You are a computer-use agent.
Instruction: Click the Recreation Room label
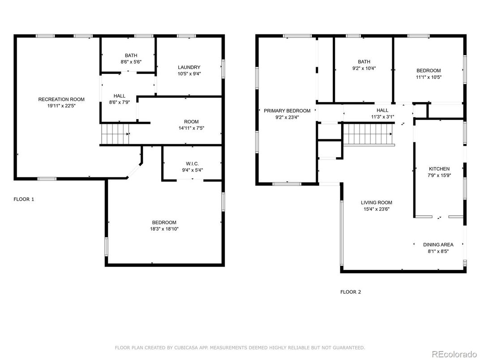pos(61,99)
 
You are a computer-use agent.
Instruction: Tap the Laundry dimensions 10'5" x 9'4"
pos(189,74)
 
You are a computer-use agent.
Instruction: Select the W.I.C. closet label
pos(192,164)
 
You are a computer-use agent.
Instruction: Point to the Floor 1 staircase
pos(115,133)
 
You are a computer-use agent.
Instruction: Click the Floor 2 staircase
pos(368,134)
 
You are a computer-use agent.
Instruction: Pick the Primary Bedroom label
pos(287,111)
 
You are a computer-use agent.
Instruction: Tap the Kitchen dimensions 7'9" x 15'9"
pos(439,176)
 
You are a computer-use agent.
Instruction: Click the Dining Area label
pos(438,244)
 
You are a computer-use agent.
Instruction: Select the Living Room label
pos(377,202)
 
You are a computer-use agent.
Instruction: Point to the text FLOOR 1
pos(24,199)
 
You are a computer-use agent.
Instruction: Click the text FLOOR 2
pos(351,292)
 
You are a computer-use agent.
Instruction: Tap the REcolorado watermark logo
pos(454,354)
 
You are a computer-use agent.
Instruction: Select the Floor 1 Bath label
pos(131,56)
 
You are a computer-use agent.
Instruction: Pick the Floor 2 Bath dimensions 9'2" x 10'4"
pos(364,68)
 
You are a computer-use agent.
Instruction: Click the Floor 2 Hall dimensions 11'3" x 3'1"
pos(383,116)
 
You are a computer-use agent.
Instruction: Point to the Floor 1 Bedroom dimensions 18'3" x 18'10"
pos(164,229)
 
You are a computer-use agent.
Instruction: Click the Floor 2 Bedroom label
pos(429,70)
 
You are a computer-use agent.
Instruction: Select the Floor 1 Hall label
pos(120,96)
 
